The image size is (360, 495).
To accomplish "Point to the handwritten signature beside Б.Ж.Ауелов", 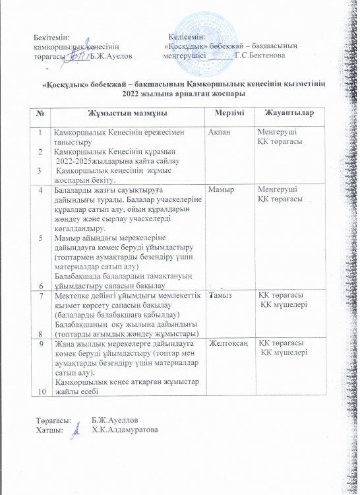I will point(76,56).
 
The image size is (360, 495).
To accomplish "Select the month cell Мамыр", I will point(220,189).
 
